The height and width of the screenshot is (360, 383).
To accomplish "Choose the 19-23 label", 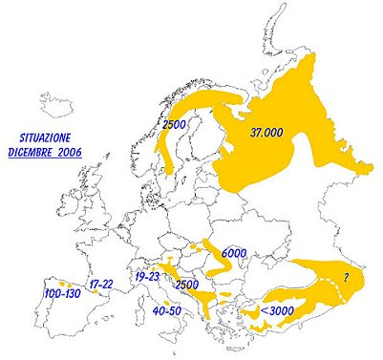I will click(x=148, y=276).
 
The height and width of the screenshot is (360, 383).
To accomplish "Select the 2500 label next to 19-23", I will click(x=187, y=285).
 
